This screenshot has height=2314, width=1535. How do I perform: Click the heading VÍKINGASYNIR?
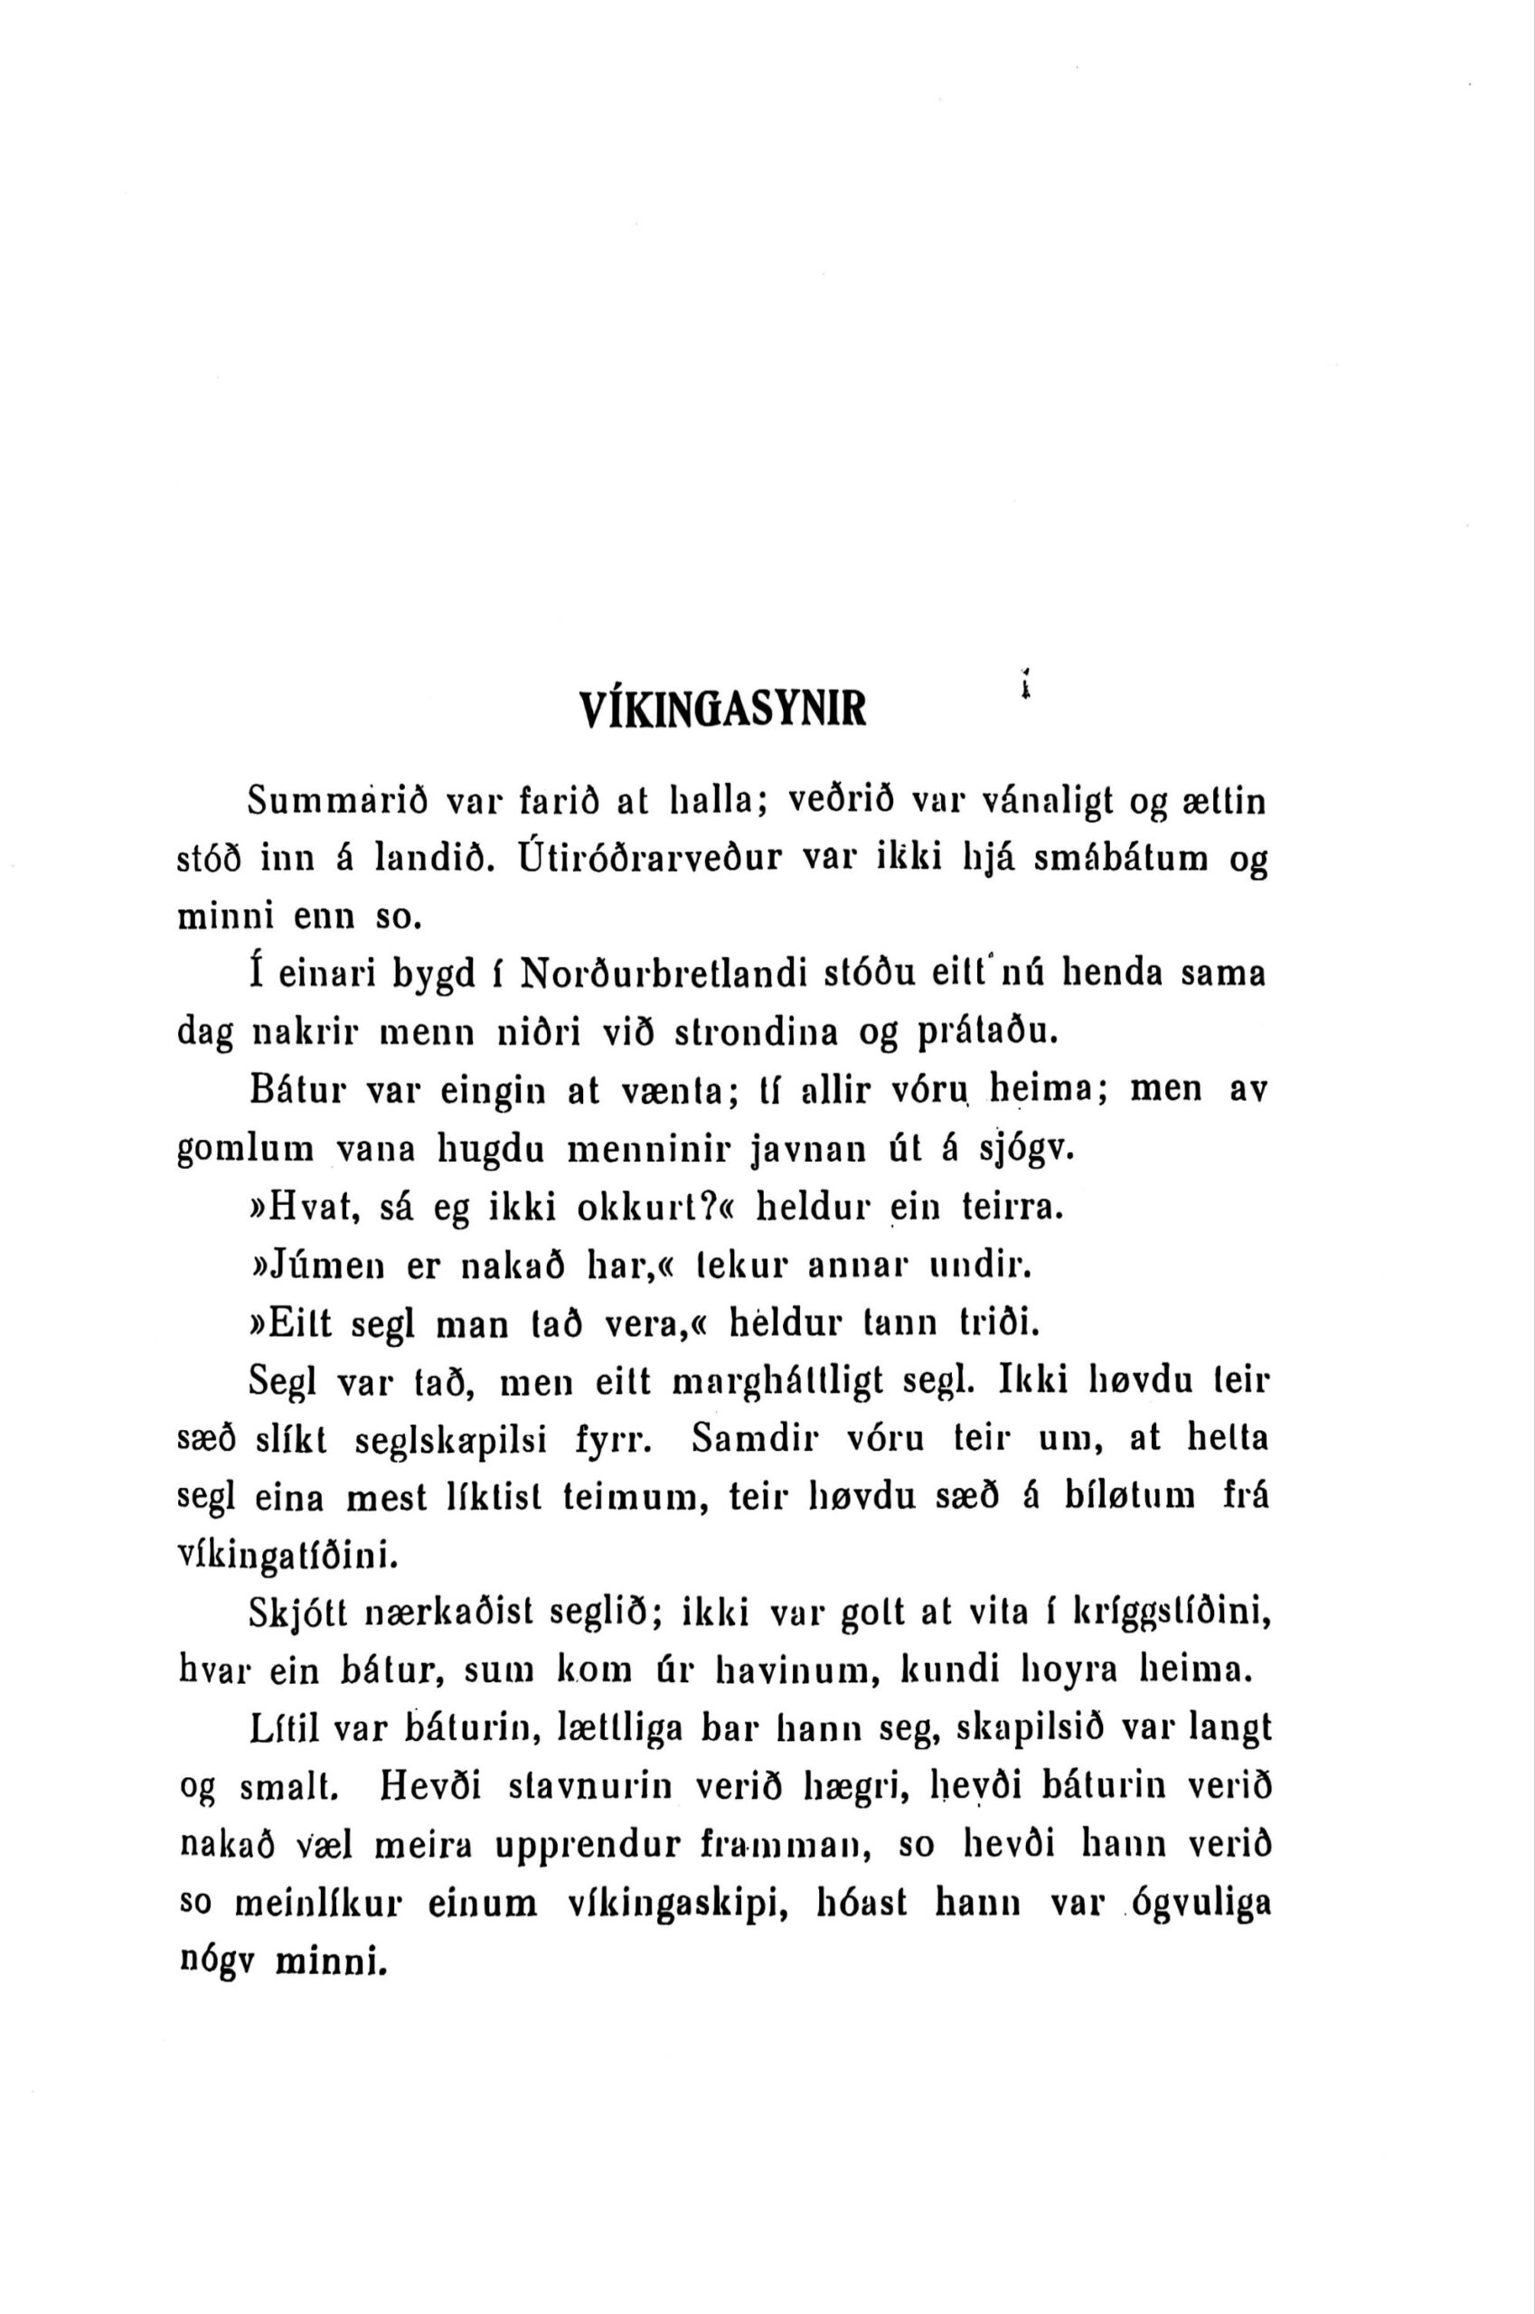point(722,708)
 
